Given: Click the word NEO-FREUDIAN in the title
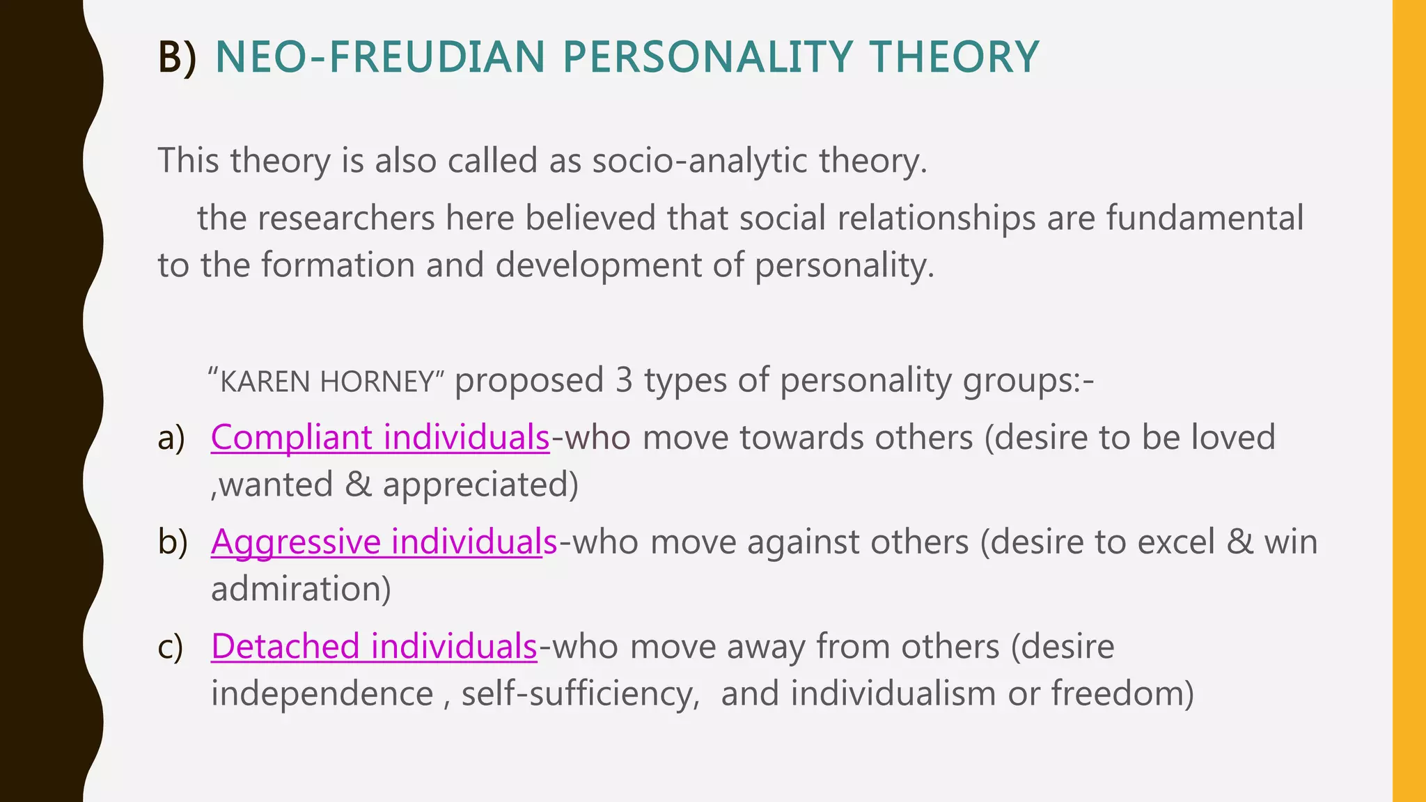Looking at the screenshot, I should pos(380,57).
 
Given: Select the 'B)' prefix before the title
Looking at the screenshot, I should pos(177,57).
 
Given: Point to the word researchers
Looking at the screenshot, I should pos(346,218).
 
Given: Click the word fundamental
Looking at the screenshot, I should pos(1205,218).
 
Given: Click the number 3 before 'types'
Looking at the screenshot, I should pos(624,381).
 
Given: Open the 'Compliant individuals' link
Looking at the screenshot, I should pos(380,438).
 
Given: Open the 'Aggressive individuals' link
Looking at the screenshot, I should pos(384,542).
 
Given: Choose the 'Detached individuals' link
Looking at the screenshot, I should pos(374,647).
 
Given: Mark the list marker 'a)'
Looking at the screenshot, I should pos(171,439).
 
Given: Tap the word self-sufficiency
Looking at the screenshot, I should pos(579,694).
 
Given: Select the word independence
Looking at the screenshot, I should pos(322,694).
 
